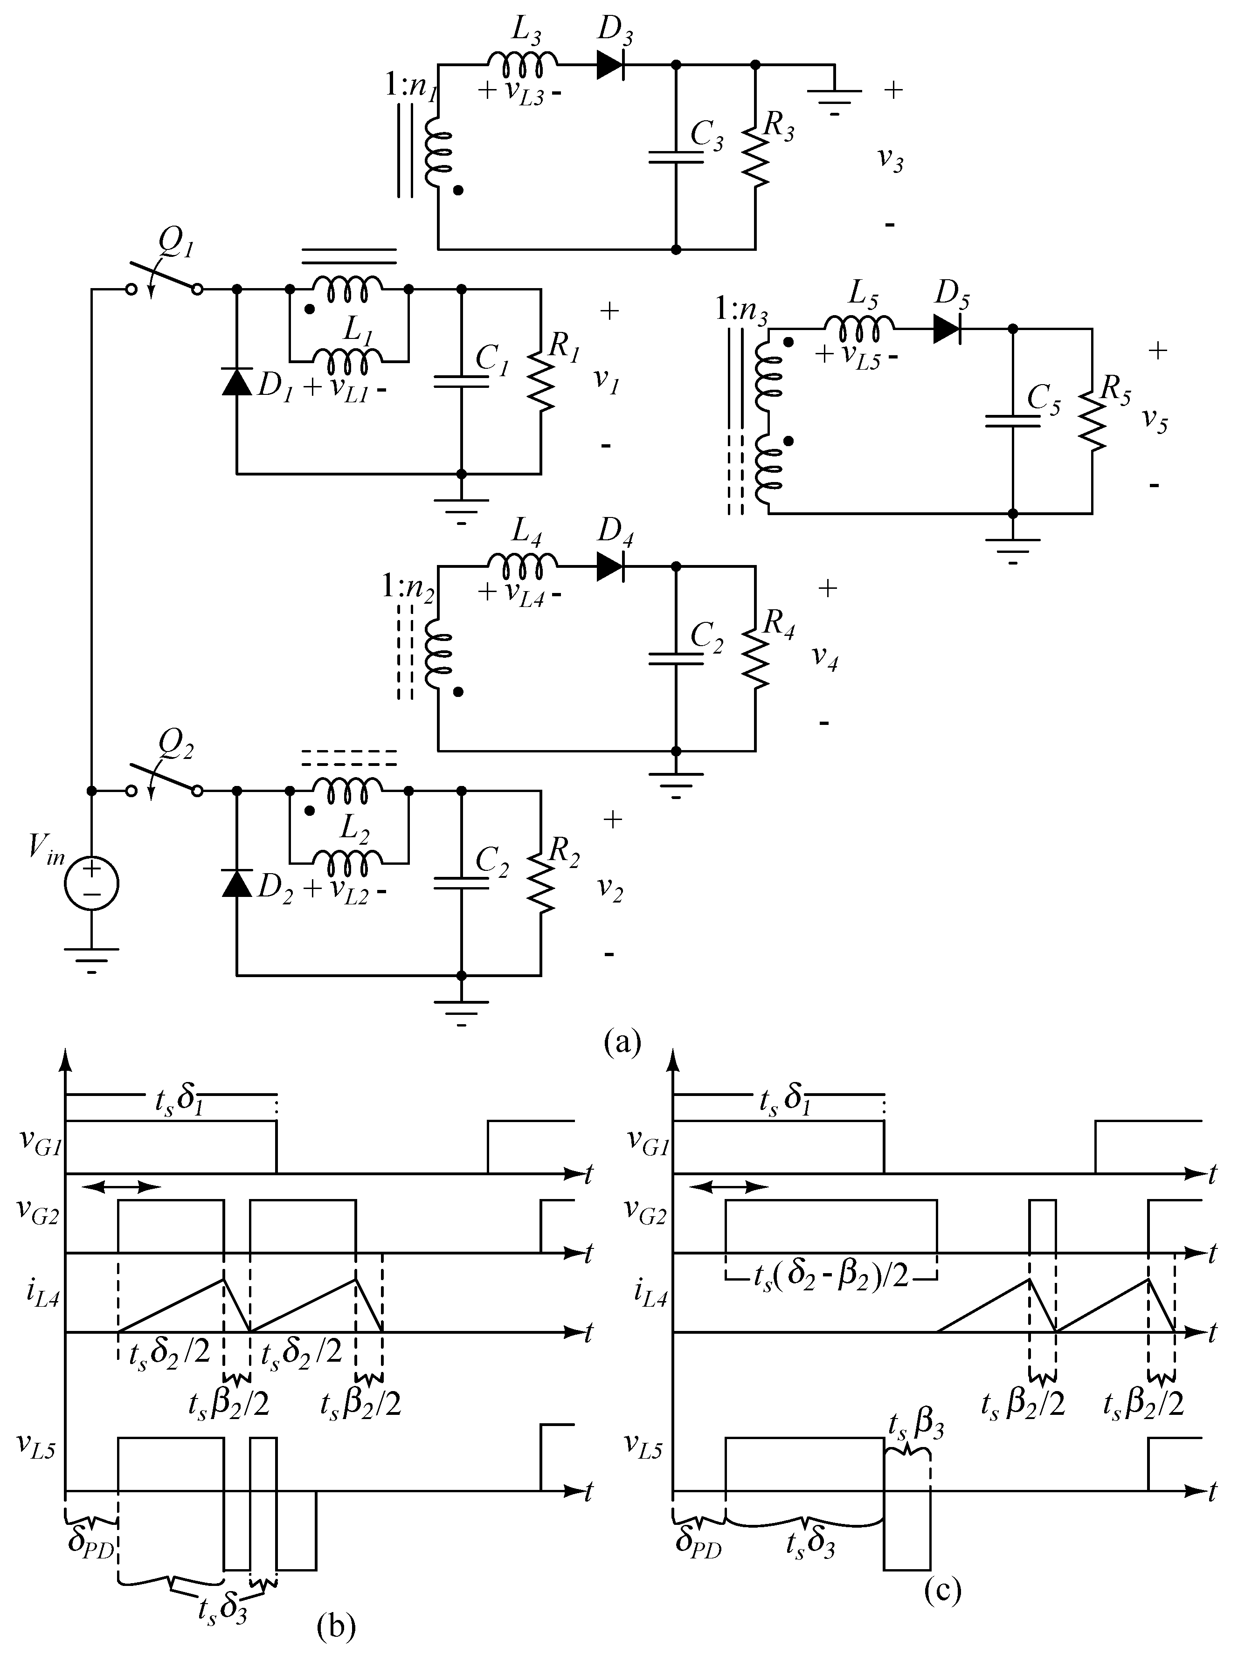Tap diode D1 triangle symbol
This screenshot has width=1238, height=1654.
click(x=237, y=383)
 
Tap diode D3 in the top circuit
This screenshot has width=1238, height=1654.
click(x=610, y=66)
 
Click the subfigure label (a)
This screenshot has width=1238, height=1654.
click(x=622, y=1041)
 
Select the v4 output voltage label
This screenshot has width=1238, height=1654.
click(x=824, y=658)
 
